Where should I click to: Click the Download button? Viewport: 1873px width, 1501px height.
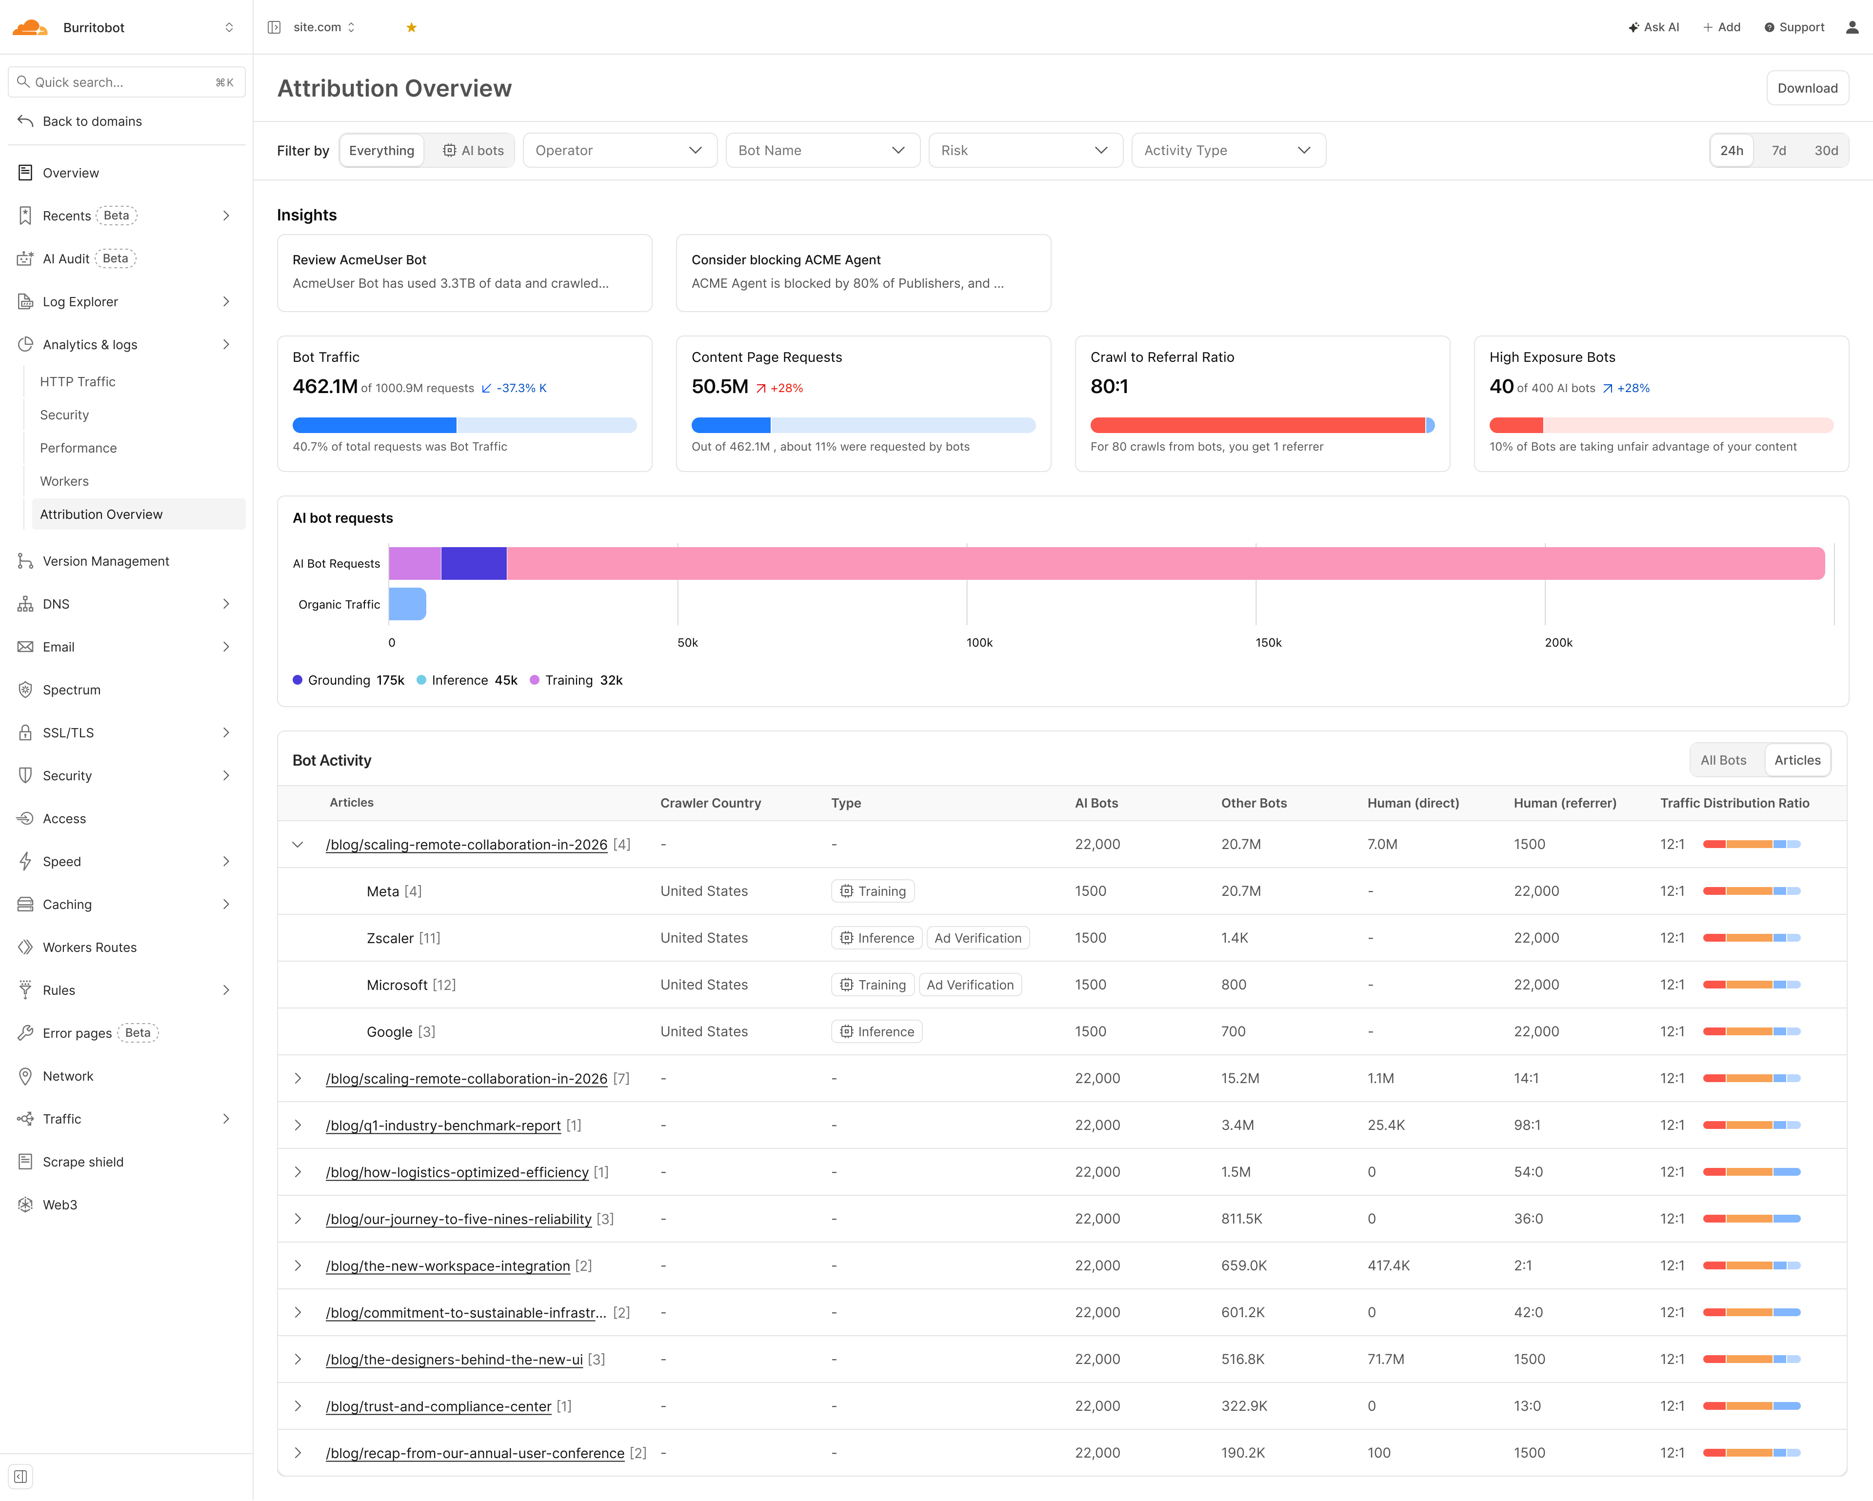(1807, 88)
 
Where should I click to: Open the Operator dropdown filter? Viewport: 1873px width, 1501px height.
(619, 150)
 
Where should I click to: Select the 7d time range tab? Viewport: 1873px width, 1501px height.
(1778, 150)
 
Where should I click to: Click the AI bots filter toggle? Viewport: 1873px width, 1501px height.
(474, 150)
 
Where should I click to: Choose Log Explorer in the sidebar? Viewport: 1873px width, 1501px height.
(80, 301)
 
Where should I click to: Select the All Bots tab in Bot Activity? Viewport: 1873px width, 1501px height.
(1723, 760)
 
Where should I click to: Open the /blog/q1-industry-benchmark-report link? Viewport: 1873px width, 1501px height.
(443, 1126)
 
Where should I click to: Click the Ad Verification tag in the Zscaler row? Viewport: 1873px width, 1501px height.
(977, 938)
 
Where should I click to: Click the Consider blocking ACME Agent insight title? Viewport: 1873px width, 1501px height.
(785, 260)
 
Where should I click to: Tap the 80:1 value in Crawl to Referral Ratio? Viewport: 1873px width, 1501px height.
(1109, 387)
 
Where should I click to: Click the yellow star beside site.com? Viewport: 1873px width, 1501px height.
(411, 28)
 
